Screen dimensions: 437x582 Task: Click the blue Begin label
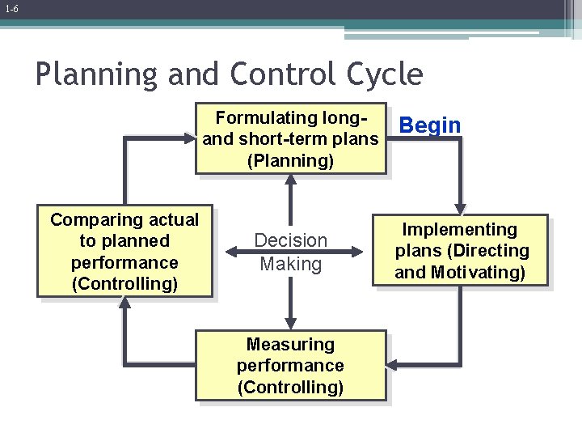coord(430,125)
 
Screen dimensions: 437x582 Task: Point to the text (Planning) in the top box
coord(290,160)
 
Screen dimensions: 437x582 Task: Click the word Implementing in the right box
coord(460,230)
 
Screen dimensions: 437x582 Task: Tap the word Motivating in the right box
coord(478,273)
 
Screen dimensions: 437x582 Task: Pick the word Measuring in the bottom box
coord(290,345)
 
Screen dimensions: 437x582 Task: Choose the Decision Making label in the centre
coord(290,252)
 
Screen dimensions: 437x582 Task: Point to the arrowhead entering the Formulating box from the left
coord(188,138)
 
